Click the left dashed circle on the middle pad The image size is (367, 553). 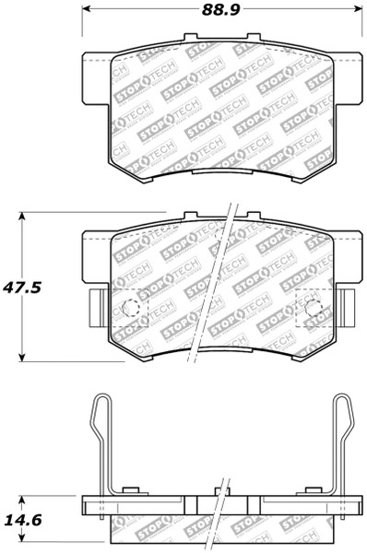pyautogui.click(x=132, y=308)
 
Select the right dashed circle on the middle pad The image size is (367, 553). pyautogui.click(x=312, y=308)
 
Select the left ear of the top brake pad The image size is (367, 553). pyautogui.click(x=96, y=71)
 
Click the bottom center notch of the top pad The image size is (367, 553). pyautogui.click(x=219, y=172)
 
